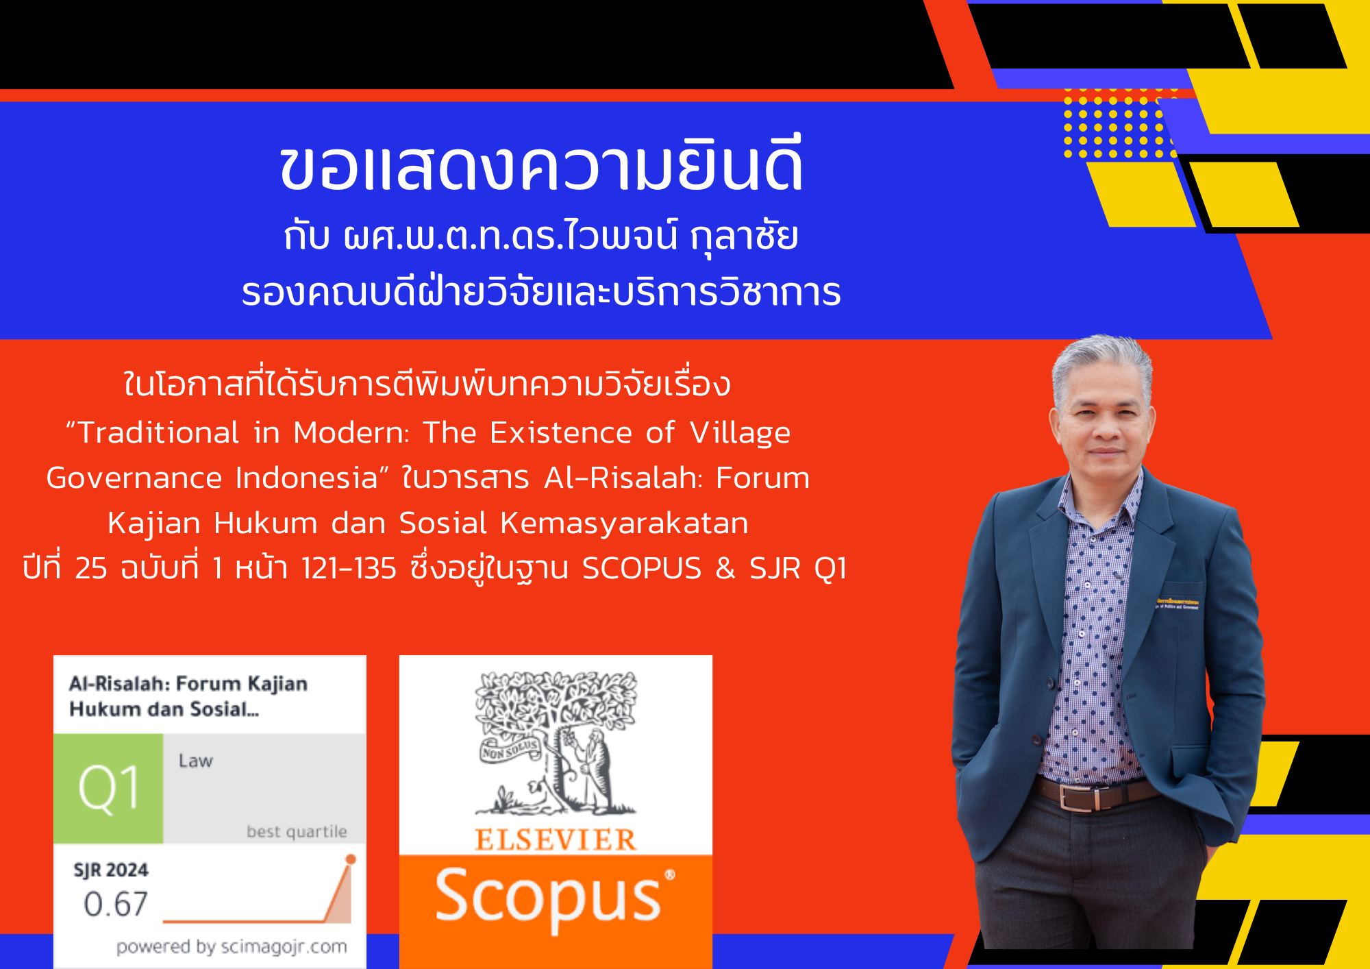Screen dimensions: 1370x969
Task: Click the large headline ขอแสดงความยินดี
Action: (541, 168)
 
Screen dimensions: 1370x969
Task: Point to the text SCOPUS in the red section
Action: (642, 569)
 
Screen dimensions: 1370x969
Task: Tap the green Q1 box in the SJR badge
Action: (108, 788)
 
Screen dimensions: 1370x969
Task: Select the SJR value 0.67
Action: (116, 905)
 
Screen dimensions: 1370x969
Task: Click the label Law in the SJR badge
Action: (195, 761)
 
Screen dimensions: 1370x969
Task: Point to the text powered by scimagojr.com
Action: (232, 948)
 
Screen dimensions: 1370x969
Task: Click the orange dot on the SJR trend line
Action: (351, 859)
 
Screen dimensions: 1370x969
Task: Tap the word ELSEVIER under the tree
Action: (555, 840)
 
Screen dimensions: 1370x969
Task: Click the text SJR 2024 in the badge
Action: (111, 870)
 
